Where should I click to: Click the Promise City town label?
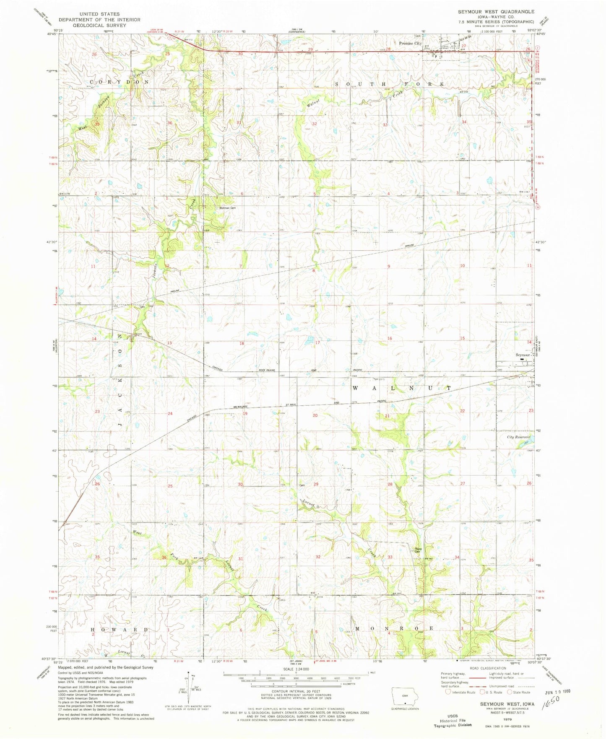410,43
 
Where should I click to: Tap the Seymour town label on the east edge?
522,355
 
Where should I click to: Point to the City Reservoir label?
518,437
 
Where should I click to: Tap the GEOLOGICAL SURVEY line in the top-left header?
99,25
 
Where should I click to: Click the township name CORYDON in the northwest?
119,82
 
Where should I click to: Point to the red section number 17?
318,342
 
